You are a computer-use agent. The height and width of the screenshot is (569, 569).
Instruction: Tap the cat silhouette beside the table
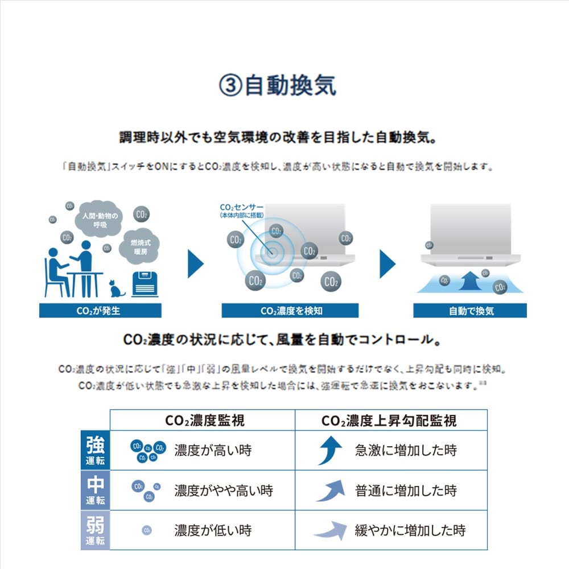117,288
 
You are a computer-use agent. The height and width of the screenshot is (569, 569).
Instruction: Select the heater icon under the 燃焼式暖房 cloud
145,284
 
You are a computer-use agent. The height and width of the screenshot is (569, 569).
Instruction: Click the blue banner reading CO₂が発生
100,311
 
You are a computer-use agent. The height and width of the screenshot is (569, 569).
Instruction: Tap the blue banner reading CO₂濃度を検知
290,311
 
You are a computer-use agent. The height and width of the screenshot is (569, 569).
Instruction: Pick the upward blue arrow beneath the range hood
470,281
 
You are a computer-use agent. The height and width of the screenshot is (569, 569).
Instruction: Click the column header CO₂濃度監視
204,420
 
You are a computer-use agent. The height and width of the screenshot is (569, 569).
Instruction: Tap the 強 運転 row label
95,450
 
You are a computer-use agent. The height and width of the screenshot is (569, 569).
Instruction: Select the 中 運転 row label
95,490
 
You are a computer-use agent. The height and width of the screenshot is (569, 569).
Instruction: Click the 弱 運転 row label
95,530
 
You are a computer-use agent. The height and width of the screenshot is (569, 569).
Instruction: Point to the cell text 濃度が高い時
213,451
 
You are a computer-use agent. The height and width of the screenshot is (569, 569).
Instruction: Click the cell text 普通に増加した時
406,490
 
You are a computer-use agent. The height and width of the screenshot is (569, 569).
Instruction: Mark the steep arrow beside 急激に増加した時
330,451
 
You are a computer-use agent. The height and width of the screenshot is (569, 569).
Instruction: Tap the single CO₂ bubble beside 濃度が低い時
147,531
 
